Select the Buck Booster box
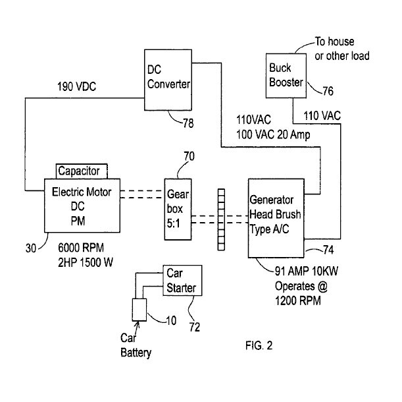[286, 76]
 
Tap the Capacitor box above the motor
[80, 171]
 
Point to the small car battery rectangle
[139, 309]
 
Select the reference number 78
[187, 123]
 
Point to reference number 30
[30, 248]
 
